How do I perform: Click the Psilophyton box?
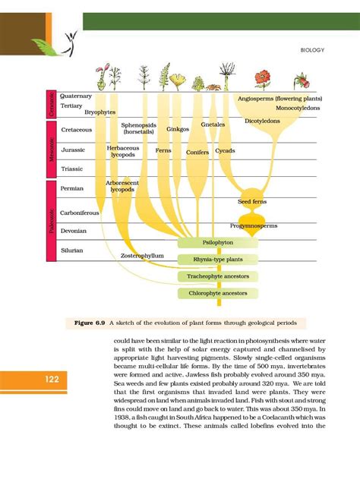click(218, 244)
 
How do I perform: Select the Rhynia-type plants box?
click(218, 260)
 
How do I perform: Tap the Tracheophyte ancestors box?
click(218, 277)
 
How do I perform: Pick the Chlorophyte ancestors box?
click(218, 293)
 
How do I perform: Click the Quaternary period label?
click(76, 96)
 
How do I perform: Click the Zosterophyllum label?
click(143, 256)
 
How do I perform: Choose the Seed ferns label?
click(254, 203)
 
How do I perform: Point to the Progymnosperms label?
click(254, 226)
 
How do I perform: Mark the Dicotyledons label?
click(264, 121)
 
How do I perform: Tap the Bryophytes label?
click(99, 112)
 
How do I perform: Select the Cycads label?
click(226, 151)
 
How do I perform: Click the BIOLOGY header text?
click(313, 51)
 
